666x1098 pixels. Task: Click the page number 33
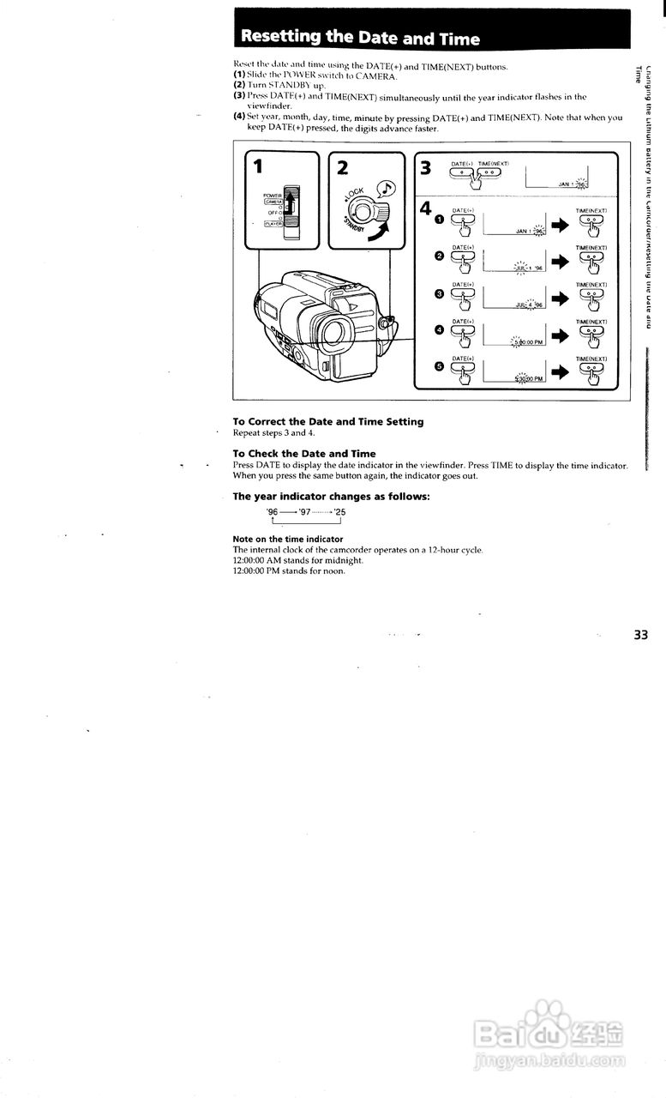[x=641, y=636]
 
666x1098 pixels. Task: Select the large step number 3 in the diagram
[x=425, y=167]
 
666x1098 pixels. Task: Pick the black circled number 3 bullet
[x=440, y=294]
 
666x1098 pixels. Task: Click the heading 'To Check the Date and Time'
[x=304, y=453]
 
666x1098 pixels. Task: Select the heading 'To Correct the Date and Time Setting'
[x=328, y=421]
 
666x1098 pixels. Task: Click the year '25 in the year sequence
[x=340, y=511]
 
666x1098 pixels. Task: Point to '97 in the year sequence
[x=304, y=511]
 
